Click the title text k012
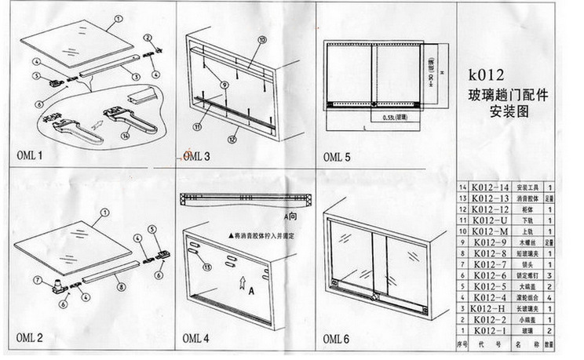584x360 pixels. coord(489,76)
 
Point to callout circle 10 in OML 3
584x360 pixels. coord(261,39)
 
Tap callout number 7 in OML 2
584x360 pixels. coord(37,280)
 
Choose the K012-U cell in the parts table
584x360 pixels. coord(489,221)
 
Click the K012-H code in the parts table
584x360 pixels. coord(489,310)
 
